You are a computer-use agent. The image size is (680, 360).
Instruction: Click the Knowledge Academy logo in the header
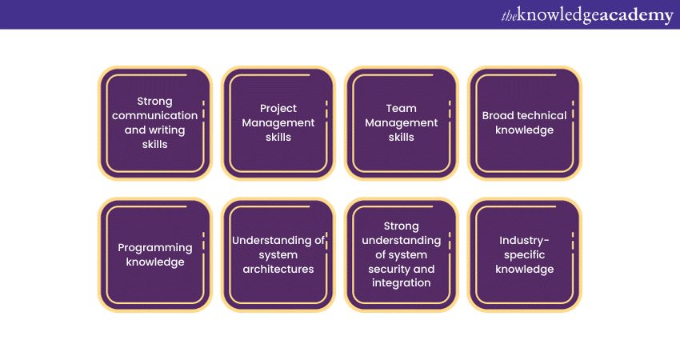[x=587, y=15]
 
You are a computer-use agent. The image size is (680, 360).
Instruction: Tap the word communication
[x=155, y=116]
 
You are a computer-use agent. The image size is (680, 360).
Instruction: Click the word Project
[x=278, y=108]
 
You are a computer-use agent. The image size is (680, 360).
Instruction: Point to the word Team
[x=402, y=108]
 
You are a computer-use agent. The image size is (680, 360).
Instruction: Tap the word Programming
[x=155, y=248]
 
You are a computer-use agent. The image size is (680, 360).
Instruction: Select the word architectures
[x=278, y=270]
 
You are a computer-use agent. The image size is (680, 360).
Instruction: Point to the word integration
[x=402, y=283]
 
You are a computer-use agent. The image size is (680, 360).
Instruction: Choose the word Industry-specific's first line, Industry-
[x=525, y=240]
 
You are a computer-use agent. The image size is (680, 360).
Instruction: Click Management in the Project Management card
[x=278, y=122]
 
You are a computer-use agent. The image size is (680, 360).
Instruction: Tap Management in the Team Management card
[x=402, y=122]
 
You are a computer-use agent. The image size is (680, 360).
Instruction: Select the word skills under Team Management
[x=402, y=137]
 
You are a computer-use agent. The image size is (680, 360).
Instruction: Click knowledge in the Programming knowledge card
[x=155, y=262]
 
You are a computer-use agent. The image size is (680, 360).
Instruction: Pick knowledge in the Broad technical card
[x=525, y=130]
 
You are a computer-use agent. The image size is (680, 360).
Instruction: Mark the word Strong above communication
[x=155, y=102]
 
